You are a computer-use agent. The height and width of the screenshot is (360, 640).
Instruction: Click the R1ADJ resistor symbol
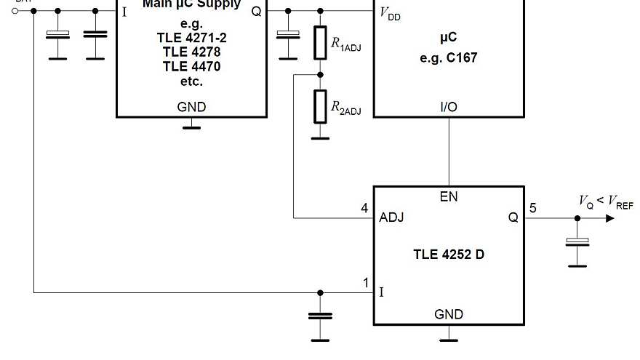pos(320,43)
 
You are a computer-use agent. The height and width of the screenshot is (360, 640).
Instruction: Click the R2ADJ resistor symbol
pos(320,107)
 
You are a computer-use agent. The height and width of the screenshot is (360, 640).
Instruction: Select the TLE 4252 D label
pos(448,255)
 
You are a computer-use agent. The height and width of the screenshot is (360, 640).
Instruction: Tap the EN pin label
pos(449,196)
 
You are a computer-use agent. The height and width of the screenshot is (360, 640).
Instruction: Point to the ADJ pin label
pos(391,217)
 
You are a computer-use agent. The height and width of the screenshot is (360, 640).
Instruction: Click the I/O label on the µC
pos(449,107)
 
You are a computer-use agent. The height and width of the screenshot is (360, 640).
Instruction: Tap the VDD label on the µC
pos(390,14)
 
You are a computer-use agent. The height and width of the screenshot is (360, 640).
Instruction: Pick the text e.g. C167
pos(449,57)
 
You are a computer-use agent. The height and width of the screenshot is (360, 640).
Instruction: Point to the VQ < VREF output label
pos(605,201)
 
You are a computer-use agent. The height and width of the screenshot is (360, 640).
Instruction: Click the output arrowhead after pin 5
pos(609,217)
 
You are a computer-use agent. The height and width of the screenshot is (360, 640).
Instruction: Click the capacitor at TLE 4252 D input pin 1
pos(320,316)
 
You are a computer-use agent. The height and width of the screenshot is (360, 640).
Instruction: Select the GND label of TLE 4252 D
pos(449,314)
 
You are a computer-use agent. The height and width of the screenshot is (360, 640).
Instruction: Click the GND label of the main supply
pos(191,107)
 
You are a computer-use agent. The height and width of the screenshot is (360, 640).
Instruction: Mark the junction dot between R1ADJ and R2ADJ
pos(320,74)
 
